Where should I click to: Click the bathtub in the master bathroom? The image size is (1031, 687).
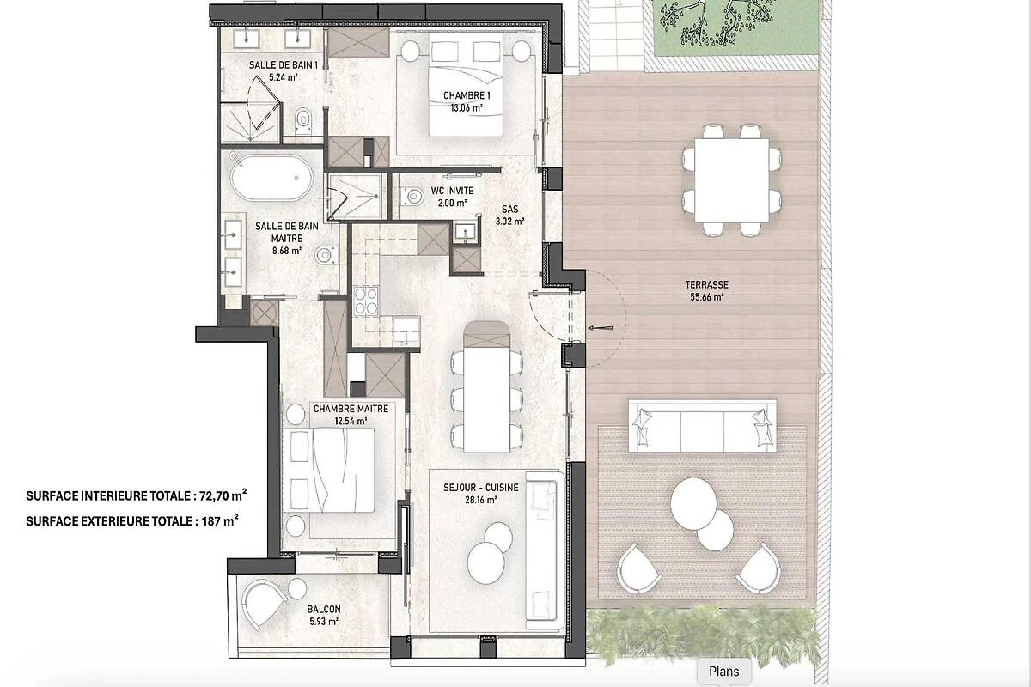(x=271, y=178)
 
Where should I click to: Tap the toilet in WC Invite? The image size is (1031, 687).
(x=412, y=197)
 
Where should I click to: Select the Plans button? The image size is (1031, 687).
(x=724, y=672)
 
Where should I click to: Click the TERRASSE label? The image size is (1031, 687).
(x=706, y=285)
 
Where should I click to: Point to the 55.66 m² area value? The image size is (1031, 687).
(x=706, y=297)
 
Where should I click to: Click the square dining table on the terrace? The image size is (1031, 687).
(x=732, y=180)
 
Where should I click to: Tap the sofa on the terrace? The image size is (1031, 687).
(x=703, y=427)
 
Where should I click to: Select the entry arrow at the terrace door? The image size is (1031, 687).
(x=601, y=328)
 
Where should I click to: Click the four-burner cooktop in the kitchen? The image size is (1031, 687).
(x=366, y=301)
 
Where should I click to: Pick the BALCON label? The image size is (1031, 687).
(x=324, y=609)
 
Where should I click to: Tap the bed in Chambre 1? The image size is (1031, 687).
(x=466, y=89)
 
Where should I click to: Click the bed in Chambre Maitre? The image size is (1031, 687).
(x=328, y=470)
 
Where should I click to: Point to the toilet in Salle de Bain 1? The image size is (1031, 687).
(x=302, y=119)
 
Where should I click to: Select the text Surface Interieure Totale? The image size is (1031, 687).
(x=108, y=496)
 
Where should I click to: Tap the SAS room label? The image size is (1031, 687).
(x=510, y=209)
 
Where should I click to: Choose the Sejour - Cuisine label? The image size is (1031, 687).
(x=481, y=487)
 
